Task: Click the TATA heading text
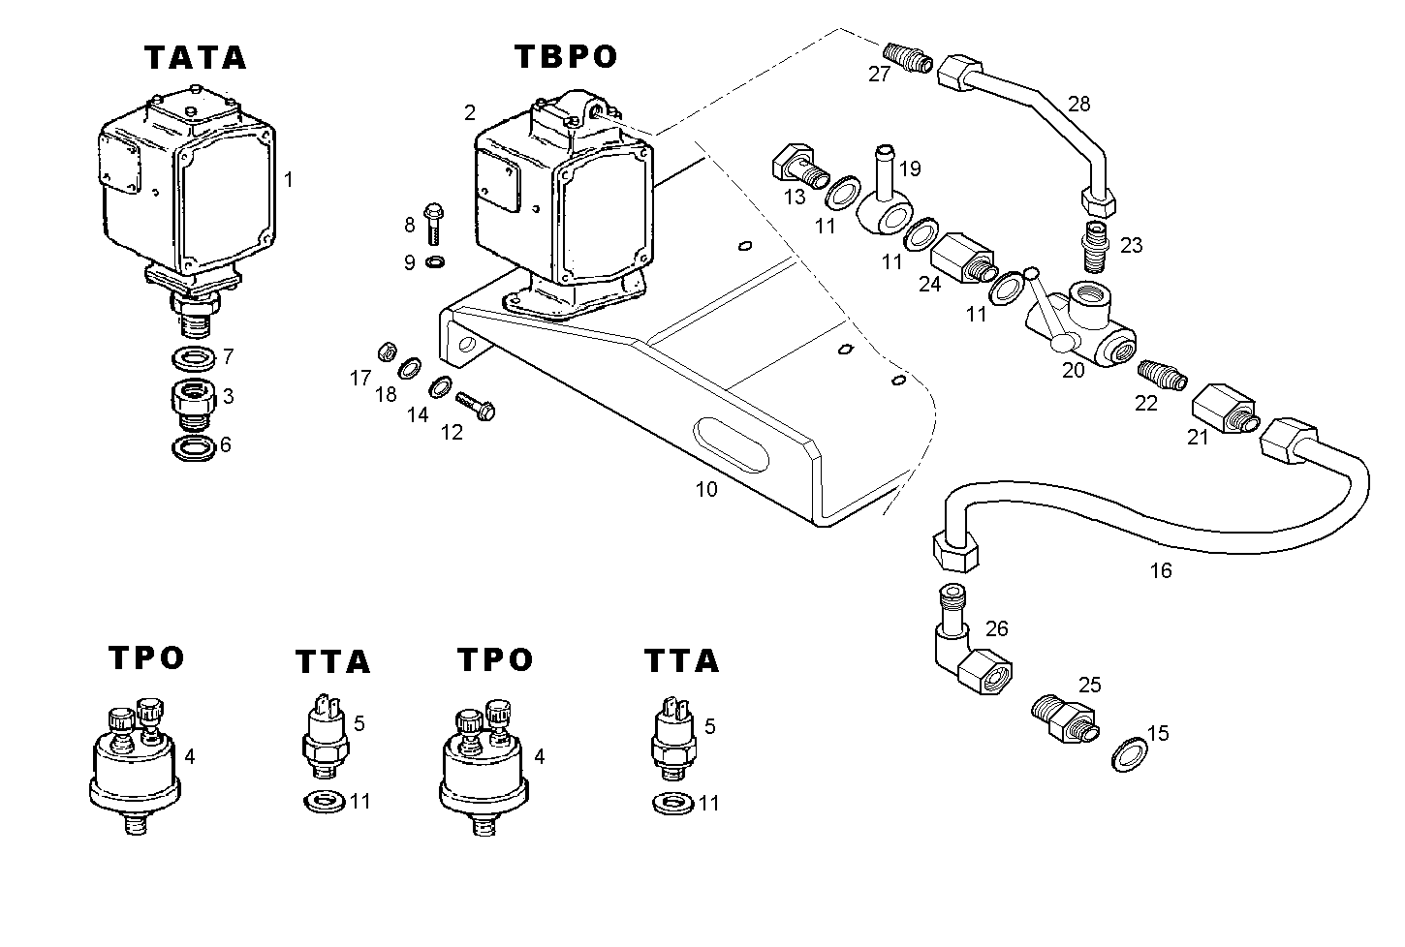[x=196, y=58]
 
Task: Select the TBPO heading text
[x=565, y=57]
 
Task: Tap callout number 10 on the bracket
[x=706, y=490]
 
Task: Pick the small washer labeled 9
[x=436, y=261]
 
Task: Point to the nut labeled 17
[x=385, y=351]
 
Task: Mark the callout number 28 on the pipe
[x=1078, y=104]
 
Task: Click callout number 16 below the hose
[x=1160, y=571]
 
